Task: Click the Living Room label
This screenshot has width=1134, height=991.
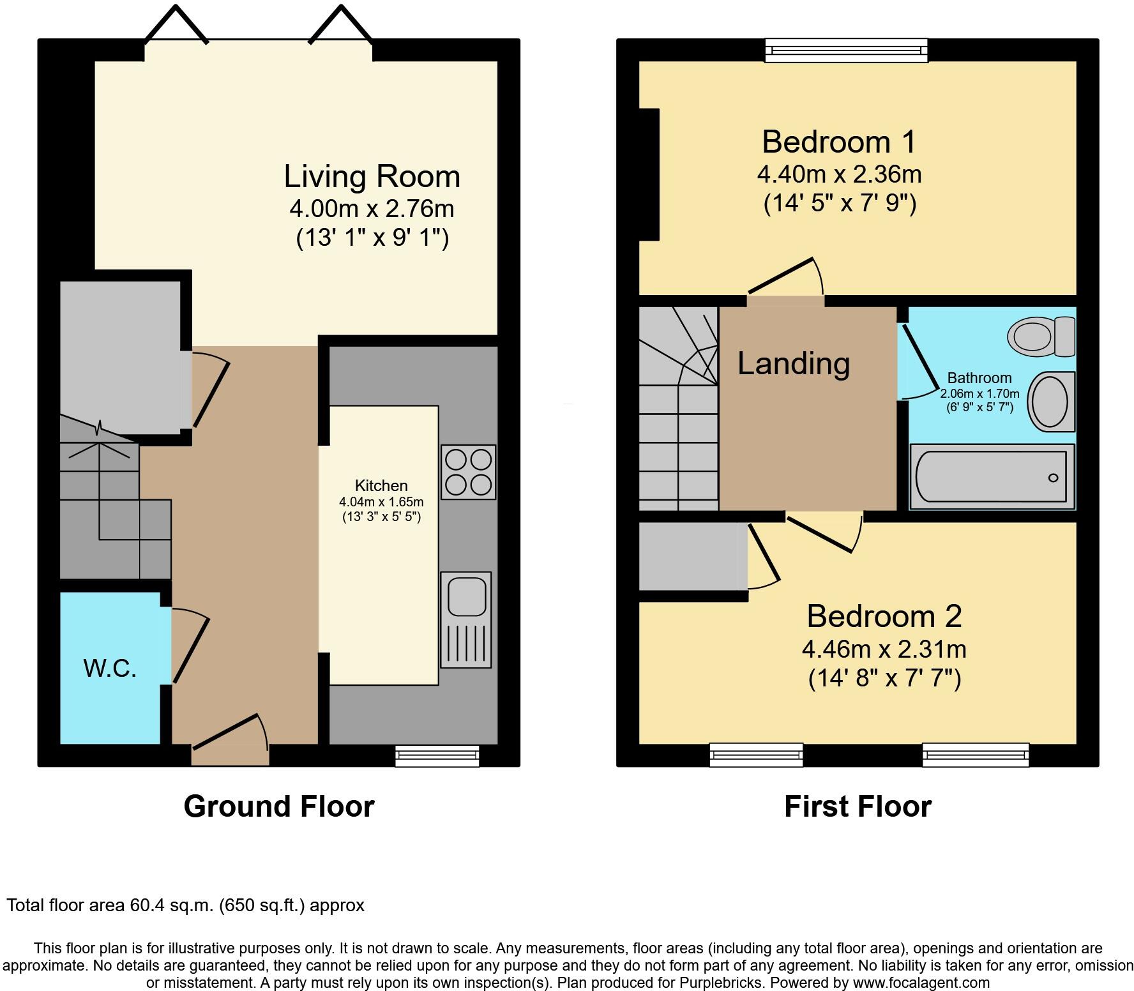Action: click(x=372, y=176)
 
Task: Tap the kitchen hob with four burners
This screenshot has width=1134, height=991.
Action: click(x=468, y=472)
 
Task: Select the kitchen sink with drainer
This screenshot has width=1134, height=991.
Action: click(x=466, y=620)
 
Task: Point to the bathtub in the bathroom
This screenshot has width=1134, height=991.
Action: click(x=992, y=477)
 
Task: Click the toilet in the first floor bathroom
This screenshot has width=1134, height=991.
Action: click(x=1041, y=336)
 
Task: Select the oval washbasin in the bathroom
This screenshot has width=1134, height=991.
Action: click(x=1050, y=402)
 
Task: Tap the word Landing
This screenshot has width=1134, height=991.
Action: click(x=794, y=363)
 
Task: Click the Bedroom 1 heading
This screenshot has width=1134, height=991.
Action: click(x=839, y=141)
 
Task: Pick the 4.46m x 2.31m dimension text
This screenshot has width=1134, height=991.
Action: click(x=884, y=649)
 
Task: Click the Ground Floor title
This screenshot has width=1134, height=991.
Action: click(x=279, y=806)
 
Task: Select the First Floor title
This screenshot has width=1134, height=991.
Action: click(x=858, y=806)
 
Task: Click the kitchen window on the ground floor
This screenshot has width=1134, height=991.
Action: click(x=437, y=755)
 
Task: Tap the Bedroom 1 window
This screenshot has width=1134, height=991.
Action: click(x=847, y=50)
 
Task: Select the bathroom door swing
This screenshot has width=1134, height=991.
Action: click(x=919, y=362)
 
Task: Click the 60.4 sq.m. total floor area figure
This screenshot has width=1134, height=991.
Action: click(x=171, y=905)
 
